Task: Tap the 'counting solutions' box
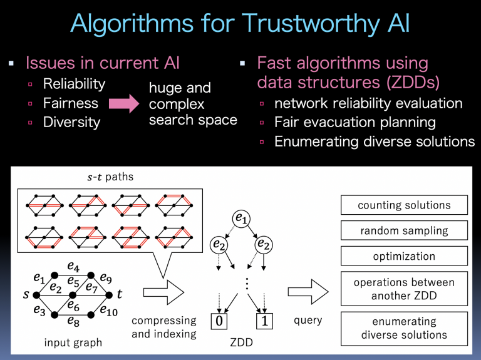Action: tap(404, 205)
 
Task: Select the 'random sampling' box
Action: tap(404, 230)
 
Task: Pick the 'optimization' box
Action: tap(404, 255)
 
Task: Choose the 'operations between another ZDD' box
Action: tap(404, 289)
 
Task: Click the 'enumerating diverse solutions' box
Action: tap(404, 327)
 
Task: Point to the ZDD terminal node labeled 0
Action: tap(218, 321)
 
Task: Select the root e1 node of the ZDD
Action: tap(240, 218)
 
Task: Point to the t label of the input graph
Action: tap(119, 294)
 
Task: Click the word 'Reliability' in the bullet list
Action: tap(74, 84)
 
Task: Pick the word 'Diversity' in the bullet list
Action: tap(71, 122)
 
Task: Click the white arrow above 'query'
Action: tap(308, 292)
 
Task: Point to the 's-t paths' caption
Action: tap(110, 177)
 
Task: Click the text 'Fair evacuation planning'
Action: tap(355, 122)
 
